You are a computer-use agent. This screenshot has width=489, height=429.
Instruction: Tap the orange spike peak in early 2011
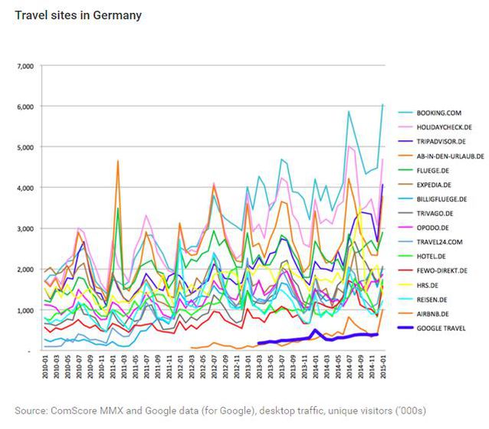[117, 161]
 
